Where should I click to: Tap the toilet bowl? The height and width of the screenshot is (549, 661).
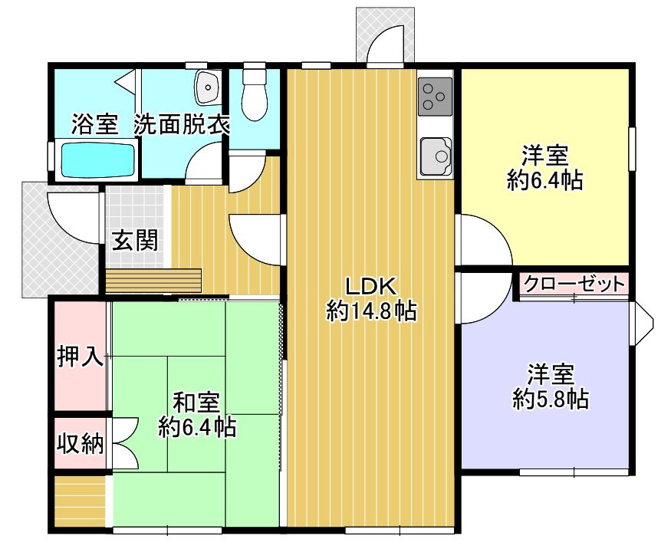tap(252, 96)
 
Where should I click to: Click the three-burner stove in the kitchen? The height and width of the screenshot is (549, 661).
tap(435, 96)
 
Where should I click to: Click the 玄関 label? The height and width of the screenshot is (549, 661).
tap(136, 241)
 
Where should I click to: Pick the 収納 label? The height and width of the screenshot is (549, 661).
tap(80, 443)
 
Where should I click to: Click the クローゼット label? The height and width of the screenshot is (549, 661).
tap(574, 284)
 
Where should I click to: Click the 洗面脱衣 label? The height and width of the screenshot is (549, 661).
tap(182, 124)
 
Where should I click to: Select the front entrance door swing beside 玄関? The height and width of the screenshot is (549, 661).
tap(74, 214)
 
